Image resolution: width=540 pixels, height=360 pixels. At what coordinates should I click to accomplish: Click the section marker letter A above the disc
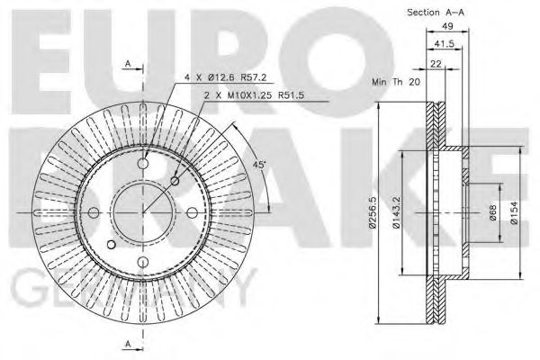tap(128, 62)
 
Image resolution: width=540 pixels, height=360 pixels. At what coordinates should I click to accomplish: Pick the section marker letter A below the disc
tap(128, 346)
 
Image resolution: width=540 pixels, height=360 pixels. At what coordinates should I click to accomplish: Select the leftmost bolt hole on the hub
tap(94, 212)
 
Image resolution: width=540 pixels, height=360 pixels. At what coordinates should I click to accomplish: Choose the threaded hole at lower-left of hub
tap(111, 244)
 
